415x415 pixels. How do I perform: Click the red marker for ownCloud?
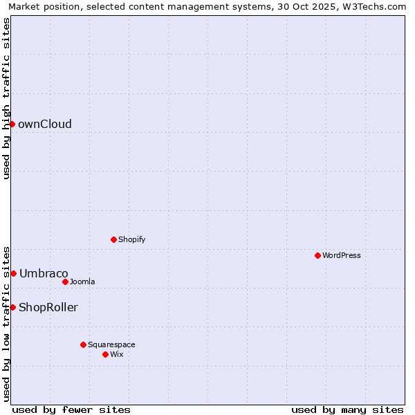tap(12, 124)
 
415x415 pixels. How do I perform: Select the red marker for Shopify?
tap(113, 239)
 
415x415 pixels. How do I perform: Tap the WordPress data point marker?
tap(317, 255)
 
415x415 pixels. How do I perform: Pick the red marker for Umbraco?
tap(13, 273)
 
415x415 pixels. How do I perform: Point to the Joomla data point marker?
tap(65, 282)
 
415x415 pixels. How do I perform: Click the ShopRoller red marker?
tap(12, 307)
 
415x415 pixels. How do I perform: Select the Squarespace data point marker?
tap(83, 344)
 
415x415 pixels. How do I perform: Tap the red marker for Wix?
tap(105, 354)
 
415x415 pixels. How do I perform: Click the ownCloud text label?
tap(45, 124)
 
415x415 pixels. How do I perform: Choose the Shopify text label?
tap(131, 240)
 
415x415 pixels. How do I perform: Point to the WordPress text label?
tap(342, 256)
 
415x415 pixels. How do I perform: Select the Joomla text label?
tap(82, 282)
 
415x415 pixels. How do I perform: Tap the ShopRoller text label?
tap(48, 308)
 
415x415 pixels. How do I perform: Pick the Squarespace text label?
tap(111, 345)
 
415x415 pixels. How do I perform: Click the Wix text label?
tap(117, 355)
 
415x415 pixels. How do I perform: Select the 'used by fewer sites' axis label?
tap(71, 409)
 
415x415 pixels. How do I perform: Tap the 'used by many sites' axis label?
tap(347, 409)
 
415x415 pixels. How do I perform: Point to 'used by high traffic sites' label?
tap(6, 98)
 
